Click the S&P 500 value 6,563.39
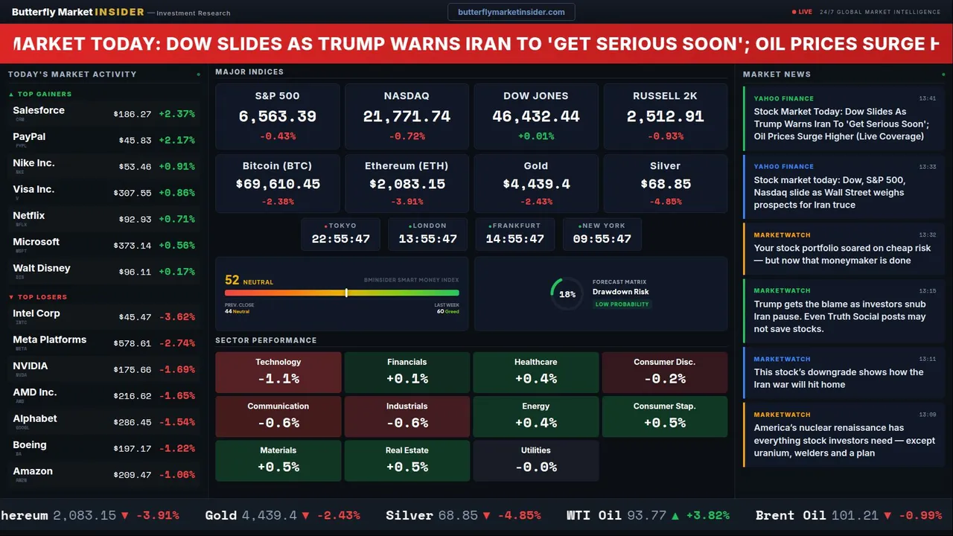point(277,117)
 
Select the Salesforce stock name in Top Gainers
point(39,110)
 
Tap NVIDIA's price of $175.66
point(133,370)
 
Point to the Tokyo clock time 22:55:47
point(340,239)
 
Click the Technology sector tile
point(278,372)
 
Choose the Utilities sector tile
point(536,460)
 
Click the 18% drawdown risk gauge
point(567,294)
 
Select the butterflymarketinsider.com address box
point(511,12)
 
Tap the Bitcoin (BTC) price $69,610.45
point(278,184)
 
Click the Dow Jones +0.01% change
point(536,136)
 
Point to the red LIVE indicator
point(803,12)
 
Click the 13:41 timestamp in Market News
point(927,98)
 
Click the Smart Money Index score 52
point(232,281)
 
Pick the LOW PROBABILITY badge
point(622,304)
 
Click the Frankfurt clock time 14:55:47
point(514,239)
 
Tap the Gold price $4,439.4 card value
point(536,184)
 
